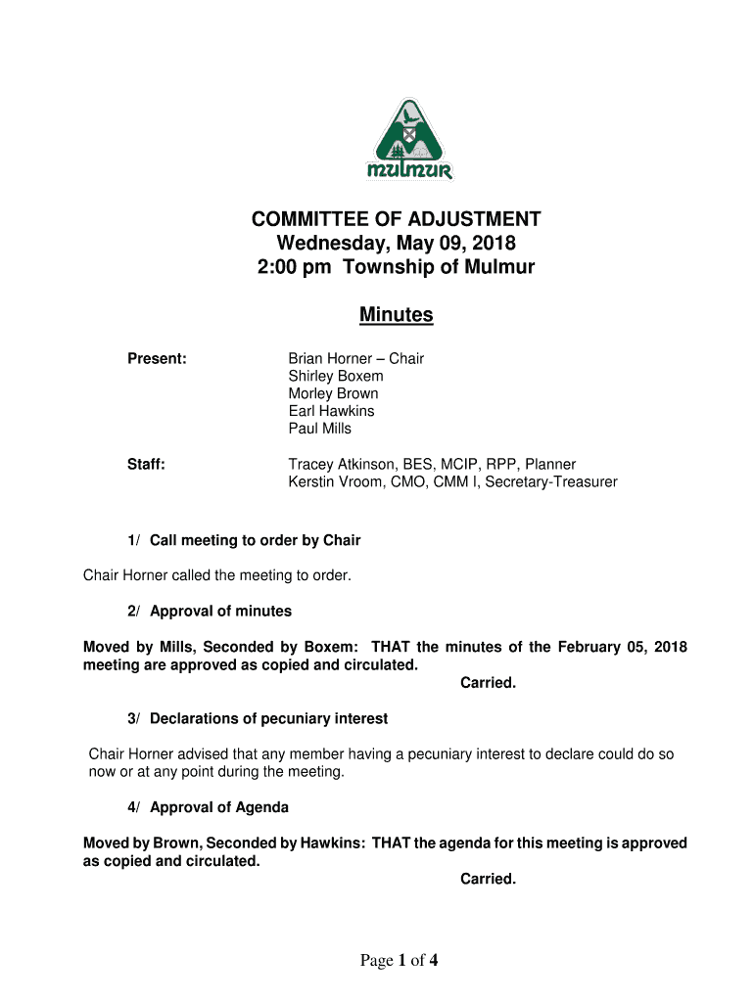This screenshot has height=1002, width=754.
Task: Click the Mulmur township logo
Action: click(410, 142)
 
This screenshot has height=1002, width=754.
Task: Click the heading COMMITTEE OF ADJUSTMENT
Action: click(396, 219)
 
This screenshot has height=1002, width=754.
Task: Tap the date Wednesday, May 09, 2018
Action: click(396, 243)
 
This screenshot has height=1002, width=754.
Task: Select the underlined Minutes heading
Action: click(396, 315)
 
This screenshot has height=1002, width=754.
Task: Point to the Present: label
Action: click(157, 358)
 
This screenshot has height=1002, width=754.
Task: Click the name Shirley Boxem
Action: click(336, 376)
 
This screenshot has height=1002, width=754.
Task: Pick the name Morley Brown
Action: click(333, 393)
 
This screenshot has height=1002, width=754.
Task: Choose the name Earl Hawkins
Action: click(331, 411)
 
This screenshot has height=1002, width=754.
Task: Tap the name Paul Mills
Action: click(319, 429)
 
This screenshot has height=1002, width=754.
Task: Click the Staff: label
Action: click(146, 464)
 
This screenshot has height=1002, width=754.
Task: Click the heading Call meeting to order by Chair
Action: click(255, 540)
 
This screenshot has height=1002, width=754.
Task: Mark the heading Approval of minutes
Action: click(220, 611)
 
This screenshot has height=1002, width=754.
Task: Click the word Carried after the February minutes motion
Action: click(488, 683)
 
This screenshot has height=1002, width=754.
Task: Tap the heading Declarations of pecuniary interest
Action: click(268, 718)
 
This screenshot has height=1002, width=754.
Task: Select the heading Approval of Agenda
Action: click(218, 807)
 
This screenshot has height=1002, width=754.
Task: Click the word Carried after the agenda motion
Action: click(488, 879)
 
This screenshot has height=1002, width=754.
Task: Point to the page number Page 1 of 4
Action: click(399, 960)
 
